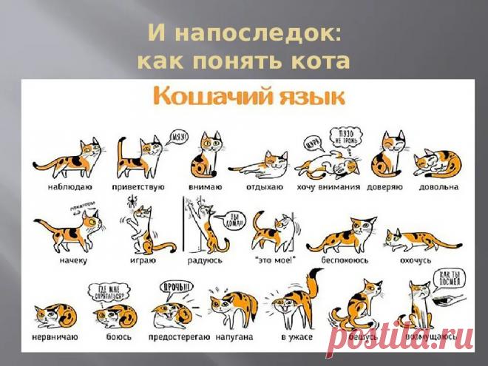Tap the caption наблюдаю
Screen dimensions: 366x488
click(58, 188)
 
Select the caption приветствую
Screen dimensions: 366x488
click(140, 188)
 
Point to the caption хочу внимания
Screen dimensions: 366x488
click(328, 188)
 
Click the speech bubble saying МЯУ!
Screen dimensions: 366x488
click(180, 137)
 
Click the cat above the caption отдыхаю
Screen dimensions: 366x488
click(260, 160)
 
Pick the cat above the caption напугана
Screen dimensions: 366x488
click(233, 308)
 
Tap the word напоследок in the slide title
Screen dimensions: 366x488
click(254, 33)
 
